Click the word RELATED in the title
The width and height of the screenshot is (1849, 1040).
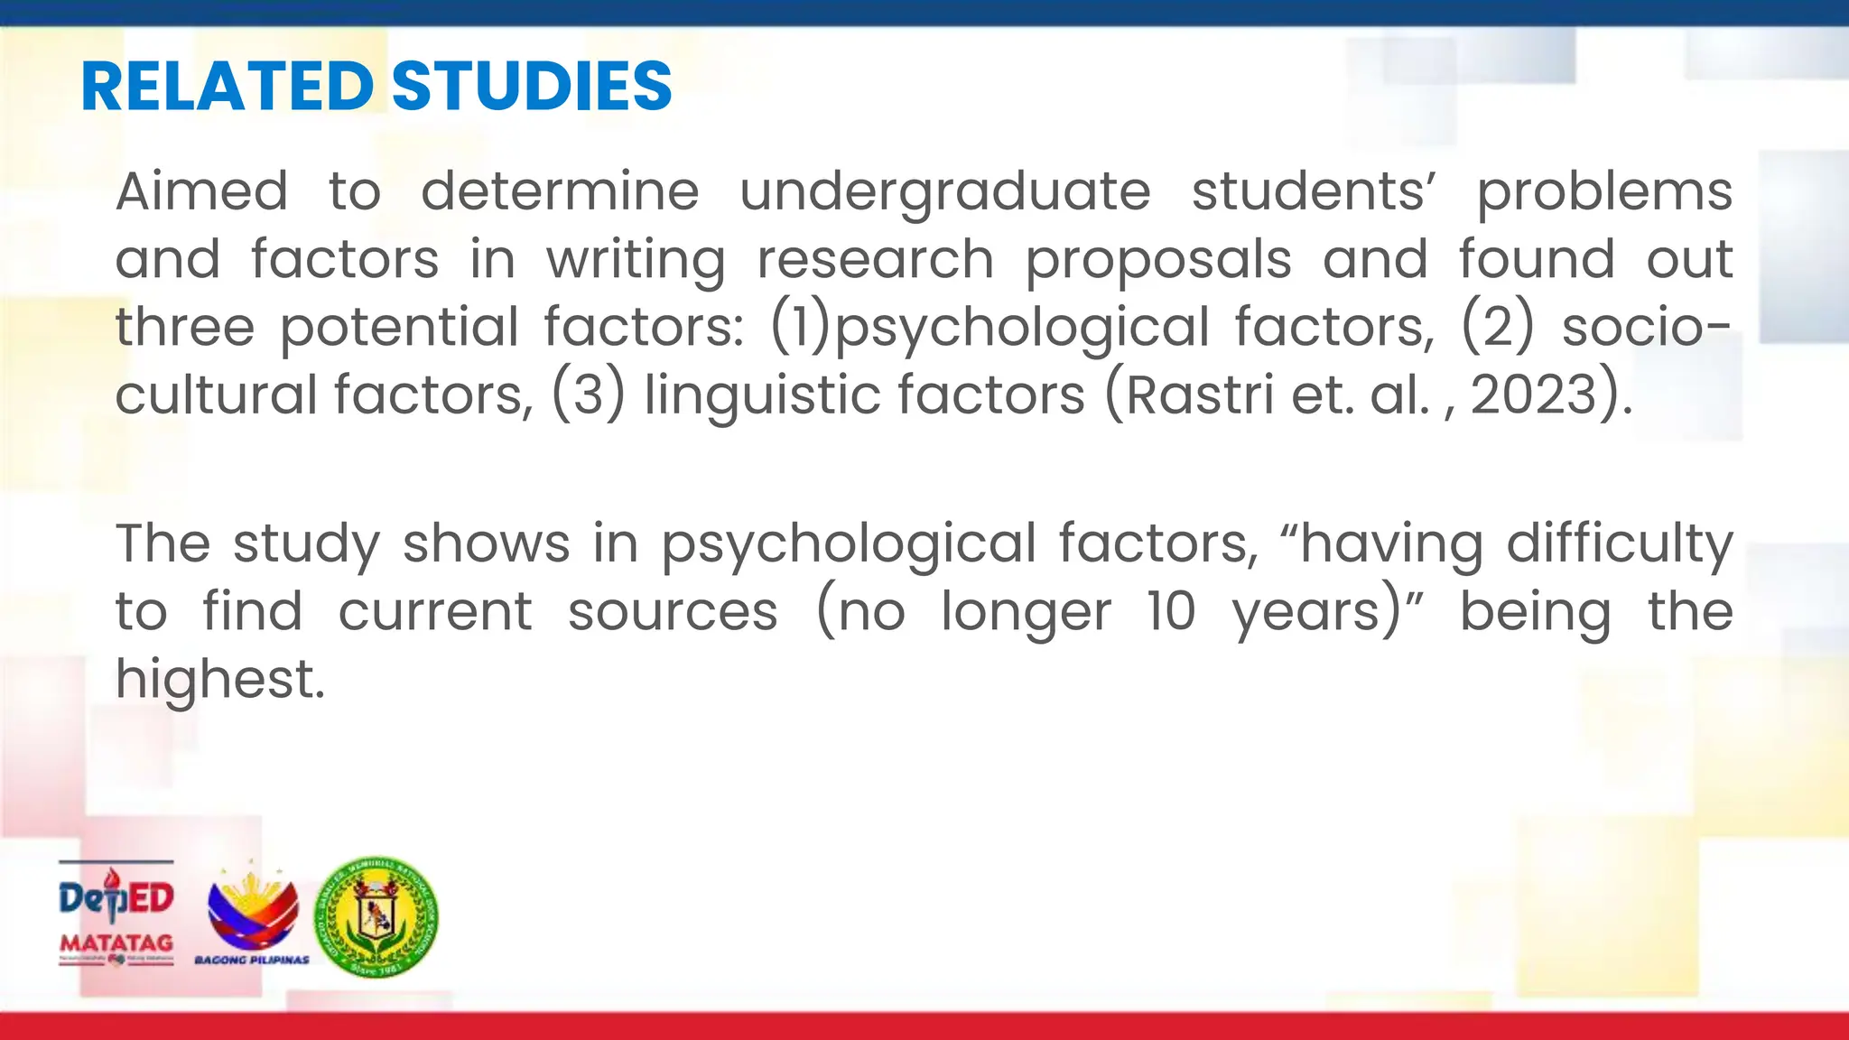coord(227,87)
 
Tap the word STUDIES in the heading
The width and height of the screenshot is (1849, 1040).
coord(532,87)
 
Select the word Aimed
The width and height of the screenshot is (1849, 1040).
coord(201,191)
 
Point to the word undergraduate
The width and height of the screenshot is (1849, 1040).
coord(945,193)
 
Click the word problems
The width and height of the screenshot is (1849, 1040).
coord(1604,193)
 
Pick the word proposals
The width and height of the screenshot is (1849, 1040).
coord(1158,261)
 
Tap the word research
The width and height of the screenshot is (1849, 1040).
coord(876,260)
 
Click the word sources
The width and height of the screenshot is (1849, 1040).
coord(673,611)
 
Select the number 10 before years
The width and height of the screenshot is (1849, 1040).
coord(1171,611)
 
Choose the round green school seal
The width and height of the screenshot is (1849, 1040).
coord(376,916)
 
